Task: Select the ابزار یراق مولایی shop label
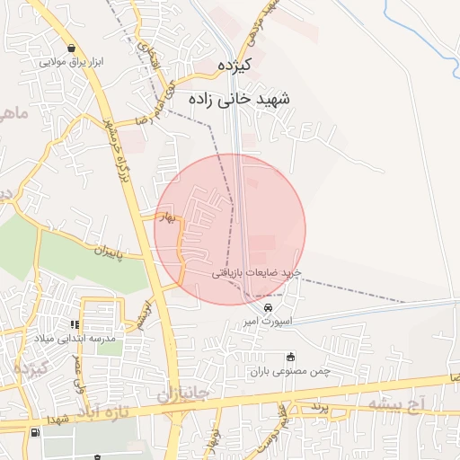pos(72,63)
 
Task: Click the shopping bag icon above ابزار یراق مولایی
pos(72,49)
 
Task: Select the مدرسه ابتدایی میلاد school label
pos(76,339)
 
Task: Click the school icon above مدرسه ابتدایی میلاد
pos(76,324)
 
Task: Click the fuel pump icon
pos(35,432)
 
